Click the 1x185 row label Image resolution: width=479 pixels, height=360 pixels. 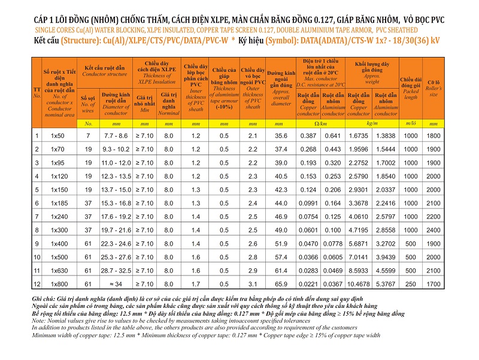pyautogui.click(x=59, y=203)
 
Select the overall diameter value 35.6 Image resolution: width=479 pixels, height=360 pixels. pyautogui.click(x=281, y=136)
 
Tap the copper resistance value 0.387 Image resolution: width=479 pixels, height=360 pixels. pyautogui.click(x=308, y=136)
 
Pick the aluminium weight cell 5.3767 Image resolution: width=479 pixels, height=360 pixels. pyautogui.click(x=386, y=284)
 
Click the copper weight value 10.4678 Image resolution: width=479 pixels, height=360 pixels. pyautogui.click(x=358, y=284)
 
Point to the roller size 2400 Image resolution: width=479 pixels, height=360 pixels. pyautogui.click(x=433, y=230)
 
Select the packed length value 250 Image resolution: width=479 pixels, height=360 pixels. pyautogui.click(x=410, y=284)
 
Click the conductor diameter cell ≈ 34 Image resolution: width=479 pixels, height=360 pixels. pyautogui.click(x=116, y=284)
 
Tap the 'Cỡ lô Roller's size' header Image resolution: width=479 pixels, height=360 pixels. pyautogui.click(x=433, y=88)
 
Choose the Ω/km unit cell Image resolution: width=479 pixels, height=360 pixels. pyautogui.click(x=320, y=124)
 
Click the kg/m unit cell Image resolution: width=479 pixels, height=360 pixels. pyautogui.click(x=372, y=123)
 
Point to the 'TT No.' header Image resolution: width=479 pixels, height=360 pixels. pyautogui.click(x=37, y=92)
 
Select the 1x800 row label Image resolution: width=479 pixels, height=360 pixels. pyautogui.click(x=59, y=284)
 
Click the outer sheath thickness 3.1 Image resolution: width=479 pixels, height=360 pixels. pyautogui.click(x=253, y=284)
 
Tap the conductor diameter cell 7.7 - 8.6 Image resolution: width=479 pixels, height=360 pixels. pyautogui.click(x=116, y=136)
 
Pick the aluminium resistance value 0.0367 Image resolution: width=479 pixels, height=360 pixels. pyautogui.click(x=333, y=284)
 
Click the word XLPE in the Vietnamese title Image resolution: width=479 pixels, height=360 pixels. pyautogui.click(x=219, y=20)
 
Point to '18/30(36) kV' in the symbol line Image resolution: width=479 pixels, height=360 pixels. pyautogui.click(x=416, y=40)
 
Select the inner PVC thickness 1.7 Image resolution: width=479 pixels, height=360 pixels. pyautogui.click(x=196, y=284)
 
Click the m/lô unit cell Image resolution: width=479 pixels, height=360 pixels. pyautogui.click(x=410, y=123)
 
